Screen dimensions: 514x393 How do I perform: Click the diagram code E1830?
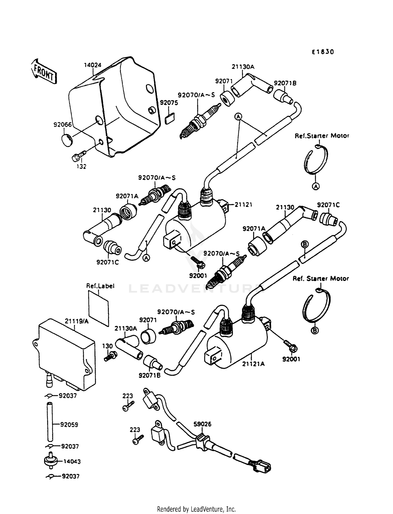click(x=323, y=52)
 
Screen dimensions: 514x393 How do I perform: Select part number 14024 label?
click(x=92, y=65)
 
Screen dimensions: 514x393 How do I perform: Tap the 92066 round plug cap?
click(x=67, y=140)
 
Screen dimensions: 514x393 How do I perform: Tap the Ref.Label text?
click(x=100, y=286)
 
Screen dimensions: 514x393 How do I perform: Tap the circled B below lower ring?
click(x=315, y=331)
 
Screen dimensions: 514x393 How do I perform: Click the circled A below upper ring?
click(x=316, y=186)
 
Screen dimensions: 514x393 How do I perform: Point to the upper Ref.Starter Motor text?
click(x=322, y=136)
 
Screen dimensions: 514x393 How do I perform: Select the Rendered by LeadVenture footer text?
click(x=196, y=509)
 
